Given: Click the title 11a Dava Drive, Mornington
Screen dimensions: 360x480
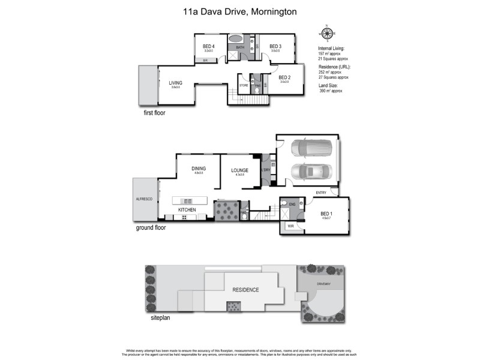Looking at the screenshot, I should [x=240, y=11].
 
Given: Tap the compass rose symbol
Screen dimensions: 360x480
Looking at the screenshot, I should [x=326, y=33].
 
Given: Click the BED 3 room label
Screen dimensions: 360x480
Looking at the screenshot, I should [x=275, y=46].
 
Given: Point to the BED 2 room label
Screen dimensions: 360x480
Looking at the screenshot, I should [x=284, y=77].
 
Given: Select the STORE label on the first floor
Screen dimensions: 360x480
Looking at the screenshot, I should [x=244, y=86].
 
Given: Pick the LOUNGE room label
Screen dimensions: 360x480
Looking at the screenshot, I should [x=240, y=170].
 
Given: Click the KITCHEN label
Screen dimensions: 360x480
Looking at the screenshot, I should [x=187, y=209].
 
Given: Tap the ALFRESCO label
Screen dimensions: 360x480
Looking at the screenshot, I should [x=143, y=197].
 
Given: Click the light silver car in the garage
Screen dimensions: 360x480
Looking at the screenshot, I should [x=310, y=172].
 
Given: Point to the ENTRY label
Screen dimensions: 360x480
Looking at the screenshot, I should [x=321, y=192].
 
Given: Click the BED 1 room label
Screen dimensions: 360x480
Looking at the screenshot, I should [x=326, y=214].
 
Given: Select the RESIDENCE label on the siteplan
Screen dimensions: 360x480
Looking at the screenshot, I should [x=246, y=290].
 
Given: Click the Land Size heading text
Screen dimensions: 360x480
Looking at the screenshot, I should [x=329, y=85].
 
